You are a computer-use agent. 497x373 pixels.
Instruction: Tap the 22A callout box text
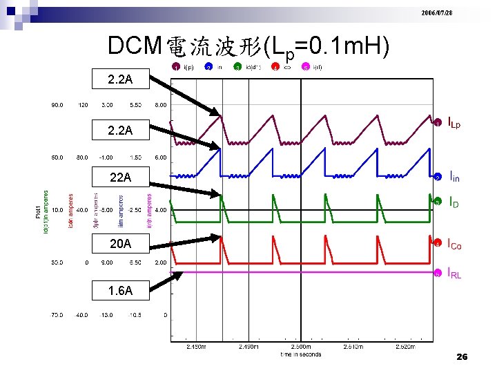119,178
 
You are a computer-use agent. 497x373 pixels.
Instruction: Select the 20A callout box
119,242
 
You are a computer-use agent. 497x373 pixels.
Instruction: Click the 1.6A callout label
119,291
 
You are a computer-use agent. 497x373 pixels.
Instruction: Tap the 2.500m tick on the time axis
301,347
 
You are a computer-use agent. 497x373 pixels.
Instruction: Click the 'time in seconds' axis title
301,355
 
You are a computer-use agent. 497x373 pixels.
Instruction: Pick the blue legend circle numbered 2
208,68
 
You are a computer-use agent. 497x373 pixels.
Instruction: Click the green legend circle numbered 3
237,68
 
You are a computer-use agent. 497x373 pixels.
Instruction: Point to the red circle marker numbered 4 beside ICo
437,244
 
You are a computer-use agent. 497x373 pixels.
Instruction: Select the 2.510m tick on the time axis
353,347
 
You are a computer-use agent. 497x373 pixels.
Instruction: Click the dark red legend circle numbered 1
177,68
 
